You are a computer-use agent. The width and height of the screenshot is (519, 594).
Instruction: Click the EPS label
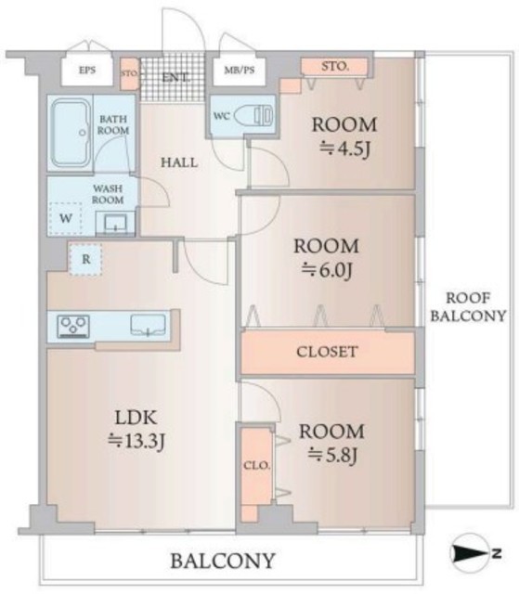(86, 71)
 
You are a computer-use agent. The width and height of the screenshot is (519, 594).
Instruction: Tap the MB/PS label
(239, 71)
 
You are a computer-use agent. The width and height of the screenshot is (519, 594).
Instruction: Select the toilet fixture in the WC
(253, 115)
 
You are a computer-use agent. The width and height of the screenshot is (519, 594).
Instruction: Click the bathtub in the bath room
(71, 133)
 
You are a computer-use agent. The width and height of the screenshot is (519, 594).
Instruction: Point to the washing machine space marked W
(66, 219)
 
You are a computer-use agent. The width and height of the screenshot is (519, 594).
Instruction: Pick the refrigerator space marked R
(85, 260)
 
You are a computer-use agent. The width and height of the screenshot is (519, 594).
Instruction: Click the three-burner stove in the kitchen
(73, 326)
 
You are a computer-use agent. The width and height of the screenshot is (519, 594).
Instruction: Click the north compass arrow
(470, 553)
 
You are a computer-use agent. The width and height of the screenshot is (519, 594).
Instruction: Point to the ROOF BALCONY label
(468, 307)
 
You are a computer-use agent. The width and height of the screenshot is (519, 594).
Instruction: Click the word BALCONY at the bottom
(223, 561)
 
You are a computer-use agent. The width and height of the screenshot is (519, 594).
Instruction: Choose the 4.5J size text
(344, 148)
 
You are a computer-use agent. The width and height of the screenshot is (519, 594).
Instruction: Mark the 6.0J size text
(327, 270)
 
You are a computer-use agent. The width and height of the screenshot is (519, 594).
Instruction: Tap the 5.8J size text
(332, 456)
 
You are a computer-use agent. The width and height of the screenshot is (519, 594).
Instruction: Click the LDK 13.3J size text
(136, 441)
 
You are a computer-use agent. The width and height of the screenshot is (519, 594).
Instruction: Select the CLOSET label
(327, 352)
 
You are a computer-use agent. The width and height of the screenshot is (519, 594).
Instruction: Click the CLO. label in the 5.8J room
(256, 466)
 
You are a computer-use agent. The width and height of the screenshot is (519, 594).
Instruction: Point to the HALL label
(179, 163)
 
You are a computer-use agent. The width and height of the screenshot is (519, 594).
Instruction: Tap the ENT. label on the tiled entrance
(175, 78)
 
